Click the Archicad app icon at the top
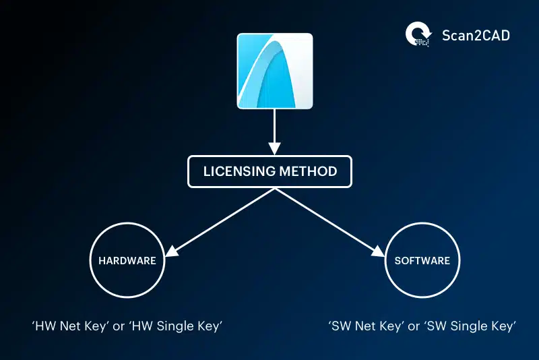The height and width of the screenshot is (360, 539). tap(274, 71)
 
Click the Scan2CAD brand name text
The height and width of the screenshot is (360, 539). tap(476, 35)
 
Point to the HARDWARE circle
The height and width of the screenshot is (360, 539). tap(128, 260)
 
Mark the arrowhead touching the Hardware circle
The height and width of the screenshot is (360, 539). tap(170, 251)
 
